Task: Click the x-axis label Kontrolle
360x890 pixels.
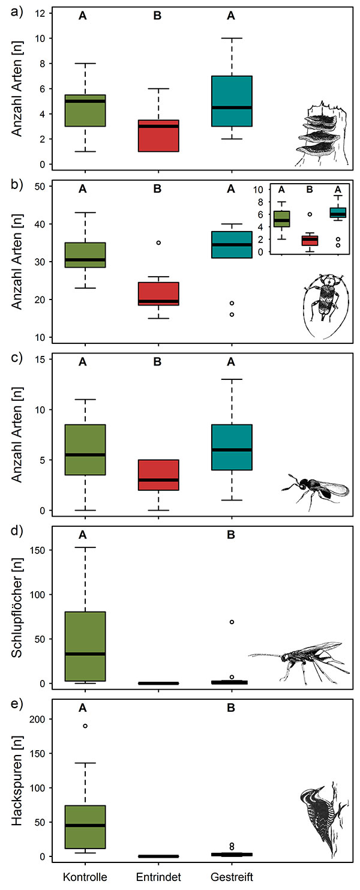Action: [85, 877]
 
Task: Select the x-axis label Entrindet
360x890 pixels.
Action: [158, 877]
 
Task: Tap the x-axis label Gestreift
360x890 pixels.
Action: [232, 877]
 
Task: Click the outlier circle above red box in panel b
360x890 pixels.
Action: [158, 243]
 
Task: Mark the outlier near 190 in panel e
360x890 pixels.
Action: [85, 726]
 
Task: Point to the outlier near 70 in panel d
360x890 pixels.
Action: [232, 622]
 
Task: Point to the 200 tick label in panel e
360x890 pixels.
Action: [39, 719]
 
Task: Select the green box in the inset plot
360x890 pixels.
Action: [282, 218]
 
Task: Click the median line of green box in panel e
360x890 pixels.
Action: [85, 825]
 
